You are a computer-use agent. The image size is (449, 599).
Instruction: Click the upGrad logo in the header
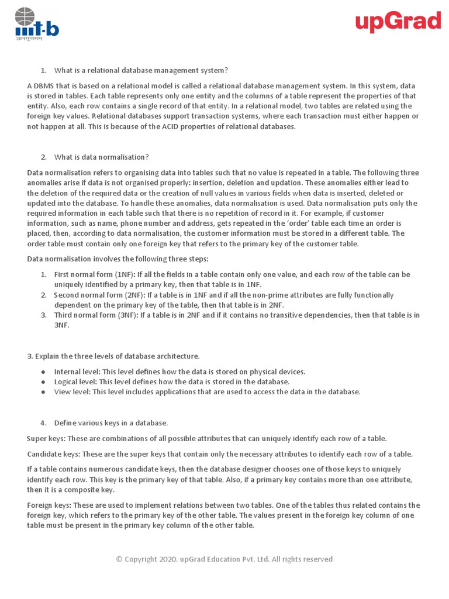tap(398, 23)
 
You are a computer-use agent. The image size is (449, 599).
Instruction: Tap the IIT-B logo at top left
tap(36, 24)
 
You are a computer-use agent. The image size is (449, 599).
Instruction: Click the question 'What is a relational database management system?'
tap(141, 71)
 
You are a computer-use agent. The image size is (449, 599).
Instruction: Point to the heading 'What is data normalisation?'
tap(101, 157)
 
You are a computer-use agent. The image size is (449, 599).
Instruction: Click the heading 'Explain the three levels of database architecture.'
tap(113, 356)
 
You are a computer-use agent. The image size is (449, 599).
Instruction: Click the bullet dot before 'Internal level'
tap(43, 372)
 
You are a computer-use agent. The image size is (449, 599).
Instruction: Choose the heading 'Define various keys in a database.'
tap(111, 423)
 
